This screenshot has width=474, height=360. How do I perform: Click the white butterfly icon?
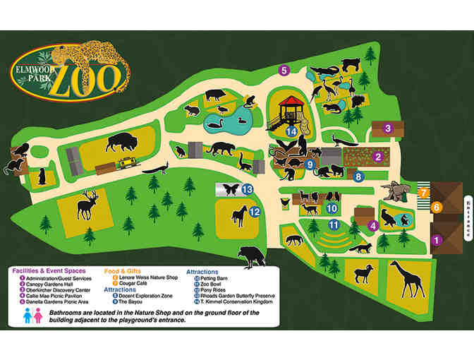[x=229, y=189]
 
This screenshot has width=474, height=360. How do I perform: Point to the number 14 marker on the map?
[x=290, y=131]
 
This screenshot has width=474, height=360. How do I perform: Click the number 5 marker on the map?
[x=284, y=70]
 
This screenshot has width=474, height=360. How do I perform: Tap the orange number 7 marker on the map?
[x=423, y=192]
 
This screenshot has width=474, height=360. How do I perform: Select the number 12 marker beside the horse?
[x=254, y=211]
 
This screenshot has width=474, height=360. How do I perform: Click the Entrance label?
[x=466, y=213]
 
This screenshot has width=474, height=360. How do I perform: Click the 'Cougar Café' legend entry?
[x=128, y=282]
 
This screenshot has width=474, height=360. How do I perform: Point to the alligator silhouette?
[x=327, y=70]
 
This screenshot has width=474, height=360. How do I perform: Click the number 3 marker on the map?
[x=387, y=128]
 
